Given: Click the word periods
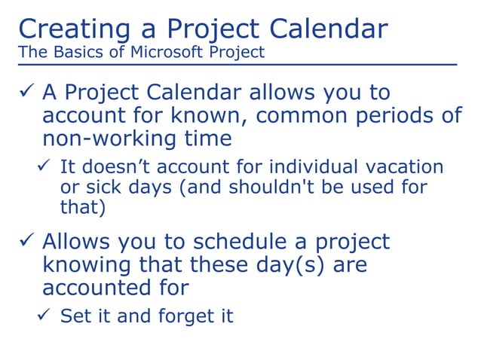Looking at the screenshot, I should click(x=408, y=116).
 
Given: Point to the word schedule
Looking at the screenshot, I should click(x=249, y=243).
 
